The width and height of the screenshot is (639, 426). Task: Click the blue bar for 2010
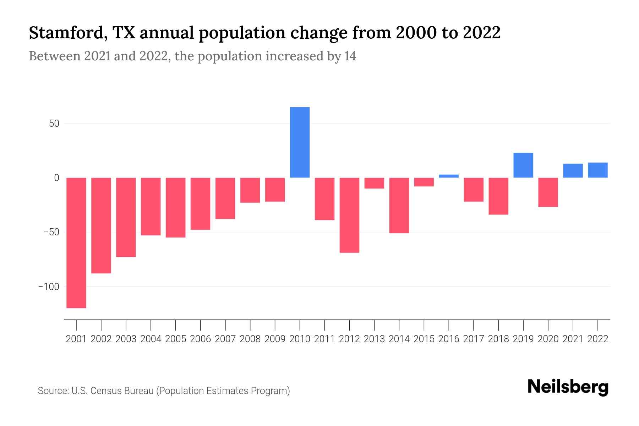tap(300, 142)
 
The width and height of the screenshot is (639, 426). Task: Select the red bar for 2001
tap(76, 243)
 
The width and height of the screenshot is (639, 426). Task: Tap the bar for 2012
tap(349, 215)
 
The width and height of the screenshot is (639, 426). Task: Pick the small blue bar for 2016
tap(449, 176)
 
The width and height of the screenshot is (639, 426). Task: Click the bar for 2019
tap(523, 165)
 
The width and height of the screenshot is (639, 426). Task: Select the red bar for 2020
tap(548, 192)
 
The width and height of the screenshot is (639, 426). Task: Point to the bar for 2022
tap(598, 170)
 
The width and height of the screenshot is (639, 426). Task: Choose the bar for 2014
tap(399, 205)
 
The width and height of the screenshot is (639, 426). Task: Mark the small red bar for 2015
tap(424, 182)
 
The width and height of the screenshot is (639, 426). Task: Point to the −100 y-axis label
tap(49, 286)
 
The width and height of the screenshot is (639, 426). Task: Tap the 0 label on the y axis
tap(56, 178)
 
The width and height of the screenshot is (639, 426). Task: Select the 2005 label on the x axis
tap(176, 339)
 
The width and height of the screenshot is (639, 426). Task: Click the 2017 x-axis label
tap(474, 339)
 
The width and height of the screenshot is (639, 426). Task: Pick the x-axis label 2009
tap(275, 339)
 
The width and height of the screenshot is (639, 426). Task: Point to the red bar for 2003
tap(126, 217)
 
